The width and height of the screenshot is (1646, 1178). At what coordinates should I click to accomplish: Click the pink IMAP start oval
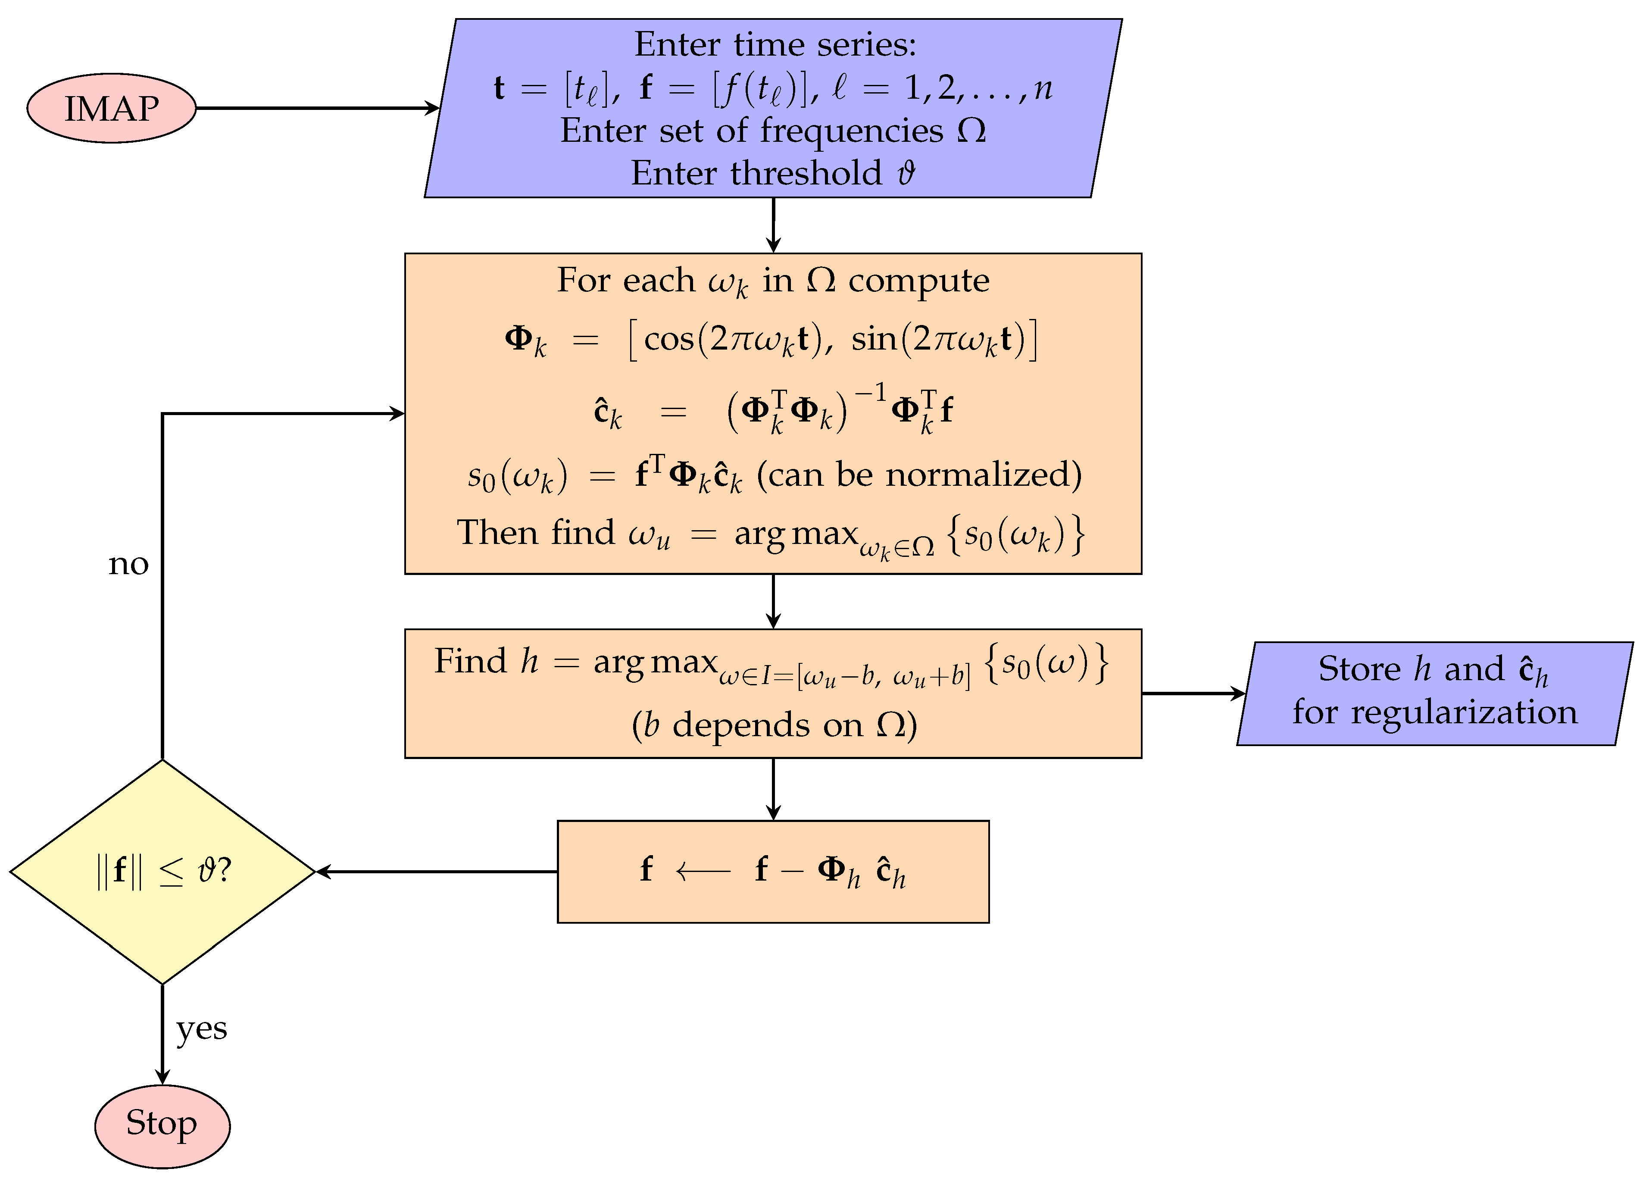pyautogui.click(x=112, y=108)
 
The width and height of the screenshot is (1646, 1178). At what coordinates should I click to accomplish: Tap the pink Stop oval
pyautogui.click(x=162, y=1124)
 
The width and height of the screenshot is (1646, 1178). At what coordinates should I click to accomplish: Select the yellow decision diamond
pyautogui.click(x=162, y=871)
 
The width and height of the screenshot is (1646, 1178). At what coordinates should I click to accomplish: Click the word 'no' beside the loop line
pyautogui.click(x=128, y=564)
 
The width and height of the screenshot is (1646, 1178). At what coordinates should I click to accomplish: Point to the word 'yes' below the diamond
pyautogui.click(x=202, y=1028)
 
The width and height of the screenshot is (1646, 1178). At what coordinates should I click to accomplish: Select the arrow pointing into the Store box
pyautogui.click(x=1193, y=694)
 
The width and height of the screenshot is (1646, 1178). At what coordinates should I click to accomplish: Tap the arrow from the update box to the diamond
pyautogui.click(x=435, y=871)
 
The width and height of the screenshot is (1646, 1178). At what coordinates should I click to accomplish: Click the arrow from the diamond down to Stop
pyautogui.click(x=162, y=1034)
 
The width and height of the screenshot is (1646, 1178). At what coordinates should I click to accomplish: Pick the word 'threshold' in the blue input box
pyautogui.click(x=806, y=173)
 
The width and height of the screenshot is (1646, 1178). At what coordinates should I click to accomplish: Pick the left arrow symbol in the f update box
pyautogui.click(x=702, y=870)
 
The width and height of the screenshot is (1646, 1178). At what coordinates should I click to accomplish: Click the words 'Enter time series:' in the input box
pyautogui.click(x=775, y=45)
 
